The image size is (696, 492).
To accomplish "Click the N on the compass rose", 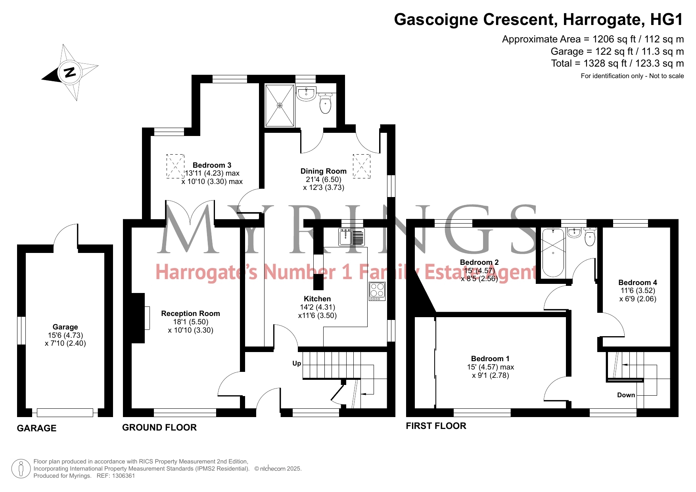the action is point(70,73).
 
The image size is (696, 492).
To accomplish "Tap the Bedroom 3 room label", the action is point(212,165).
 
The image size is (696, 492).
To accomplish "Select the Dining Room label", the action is point(323,171).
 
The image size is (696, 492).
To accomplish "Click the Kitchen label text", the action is point(317,299).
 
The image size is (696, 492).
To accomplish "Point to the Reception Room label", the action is point(190,313).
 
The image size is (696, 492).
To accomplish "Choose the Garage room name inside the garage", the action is point(65,327).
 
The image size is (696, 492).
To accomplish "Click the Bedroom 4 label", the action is point(638,282).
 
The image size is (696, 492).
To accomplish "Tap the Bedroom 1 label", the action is point(490,358).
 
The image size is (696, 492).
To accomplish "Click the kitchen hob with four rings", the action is point(377,291).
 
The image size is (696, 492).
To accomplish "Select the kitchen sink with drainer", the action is point(352,237).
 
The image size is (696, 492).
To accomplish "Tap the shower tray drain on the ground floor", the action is point(280,105).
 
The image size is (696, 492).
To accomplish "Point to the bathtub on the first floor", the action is point(553,253).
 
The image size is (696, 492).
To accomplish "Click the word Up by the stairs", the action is point(297,363).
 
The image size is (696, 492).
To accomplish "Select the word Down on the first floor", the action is point(626,395).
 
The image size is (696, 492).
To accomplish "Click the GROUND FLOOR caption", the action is point(159,427).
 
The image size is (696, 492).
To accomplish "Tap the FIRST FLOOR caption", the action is point(436,426).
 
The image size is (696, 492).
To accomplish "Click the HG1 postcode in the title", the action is point(667,19).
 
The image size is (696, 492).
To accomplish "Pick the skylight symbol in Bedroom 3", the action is point(175,166).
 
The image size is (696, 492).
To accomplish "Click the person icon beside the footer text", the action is point(21,469).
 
